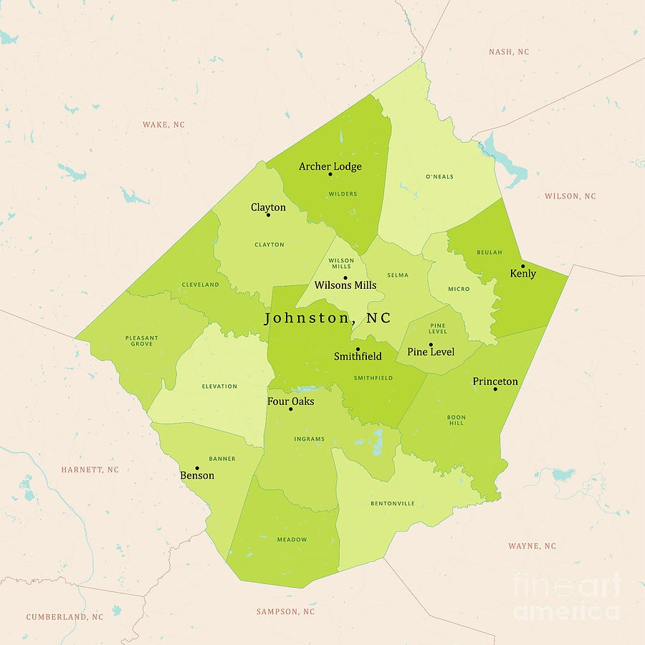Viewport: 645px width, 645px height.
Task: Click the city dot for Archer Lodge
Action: tap(330, 174)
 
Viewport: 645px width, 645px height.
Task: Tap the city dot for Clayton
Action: tap(269, 215)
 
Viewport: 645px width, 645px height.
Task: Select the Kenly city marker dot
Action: tap(522, 266)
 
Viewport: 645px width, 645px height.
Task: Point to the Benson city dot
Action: tap(197, 468)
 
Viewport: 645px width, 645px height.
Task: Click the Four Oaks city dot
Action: tap(291, 409)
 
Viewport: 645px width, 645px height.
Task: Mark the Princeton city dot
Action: tap(495, 389)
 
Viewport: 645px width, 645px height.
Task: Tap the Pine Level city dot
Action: tap(431, 345)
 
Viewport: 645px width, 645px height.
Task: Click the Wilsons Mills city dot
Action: tap(345, 278)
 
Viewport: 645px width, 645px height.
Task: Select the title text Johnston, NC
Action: tap(328, 318)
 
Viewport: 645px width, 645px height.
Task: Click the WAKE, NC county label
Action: tap(163, 125)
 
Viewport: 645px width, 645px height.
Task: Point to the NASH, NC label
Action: tap(509, 52)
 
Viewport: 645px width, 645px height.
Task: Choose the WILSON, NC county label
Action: tap(570, 196)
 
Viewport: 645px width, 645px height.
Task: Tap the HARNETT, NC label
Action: tap(90, 470)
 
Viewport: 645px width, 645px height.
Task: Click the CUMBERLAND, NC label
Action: tap(64, 617)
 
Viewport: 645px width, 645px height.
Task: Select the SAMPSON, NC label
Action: tap(285, 612)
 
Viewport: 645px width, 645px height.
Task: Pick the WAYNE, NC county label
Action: tap(532, 546)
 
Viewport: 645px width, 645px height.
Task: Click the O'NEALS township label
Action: tap(439, 177)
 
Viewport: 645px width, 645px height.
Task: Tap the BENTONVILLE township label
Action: tap(392, 504)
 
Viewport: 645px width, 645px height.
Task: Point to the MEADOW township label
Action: tap(292, 540)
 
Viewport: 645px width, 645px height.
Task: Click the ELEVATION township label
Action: tap(219, 386)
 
